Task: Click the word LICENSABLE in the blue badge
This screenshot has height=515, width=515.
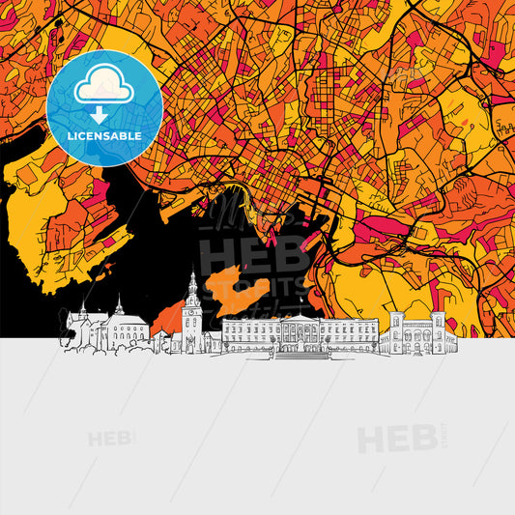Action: tap(104, 136)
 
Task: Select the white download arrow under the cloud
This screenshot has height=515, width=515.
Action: tap(103, 113)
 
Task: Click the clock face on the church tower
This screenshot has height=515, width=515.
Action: tap(192, 312)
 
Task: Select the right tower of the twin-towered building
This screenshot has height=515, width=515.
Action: tap(438, 329)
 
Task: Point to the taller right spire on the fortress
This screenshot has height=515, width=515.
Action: tap(119, 304)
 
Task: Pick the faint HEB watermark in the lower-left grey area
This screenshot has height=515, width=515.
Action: tap(112, 439)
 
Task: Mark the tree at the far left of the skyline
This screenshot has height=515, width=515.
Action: tap(67, 337)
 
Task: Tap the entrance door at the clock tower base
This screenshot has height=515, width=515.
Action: tap(192, 346)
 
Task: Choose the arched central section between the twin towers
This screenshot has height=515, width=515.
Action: tap(416, 338)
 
